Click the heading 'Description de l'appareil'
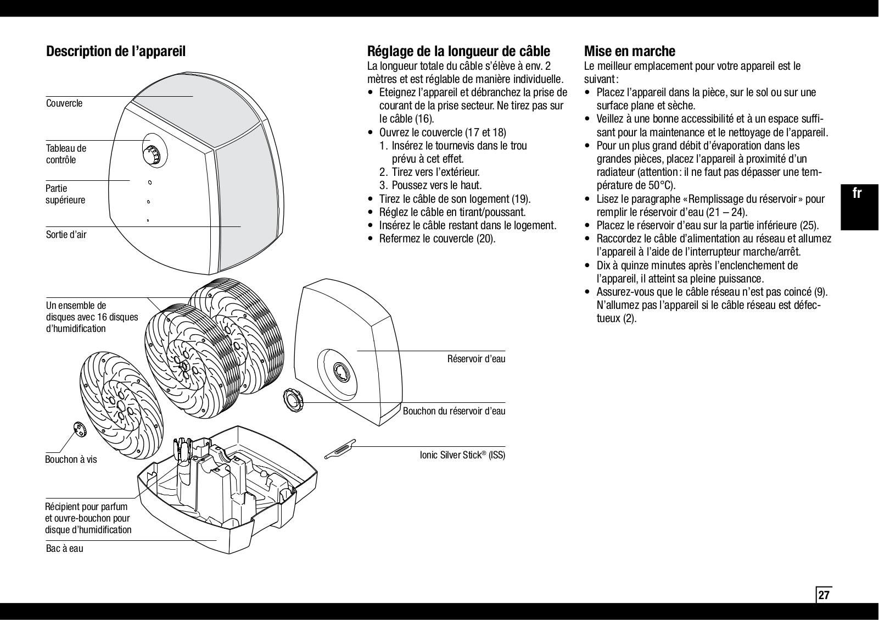[x=116, y=52]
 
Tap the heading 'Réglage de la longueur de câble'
[x=458, y=52]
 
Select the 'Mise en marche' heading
[x=629, y=52]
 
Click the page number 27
[x=824, y=595]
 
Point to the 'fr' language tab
[x=857, y=193]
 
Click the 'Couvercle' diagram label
[x=64, y=103]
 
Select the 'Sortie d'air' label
[x=66, y=235]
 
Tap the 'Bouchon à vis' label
[x=71, y=460]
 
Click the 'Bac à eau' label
[x=64, y=548]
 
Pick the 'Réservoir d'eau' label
[x=476, y=359]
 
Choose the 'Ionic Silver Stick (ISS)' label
[x=462, y=455]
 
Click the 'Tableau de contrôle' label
[x=66, y=154]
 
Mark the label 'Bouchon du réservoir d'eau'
[x=454, y=411]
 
